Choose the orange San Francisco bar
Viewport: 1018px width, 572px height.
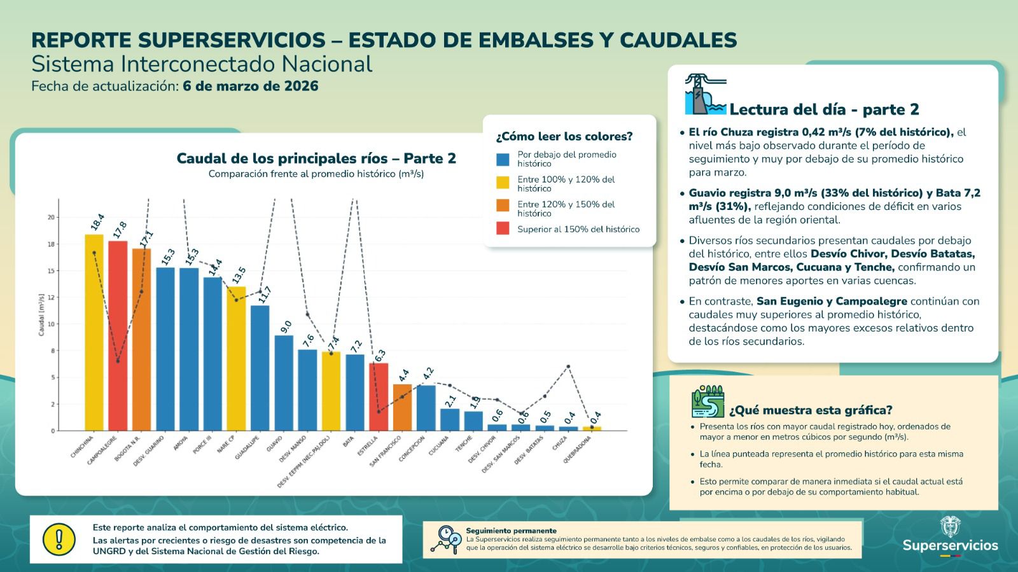click(402, 407)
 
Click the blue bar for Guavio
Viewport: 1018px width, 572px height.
click(284, 382)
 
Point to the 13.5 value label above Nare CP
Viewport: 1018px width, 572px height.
click(239, 276)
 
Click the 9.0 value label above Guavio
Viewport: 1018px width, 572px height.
click(286, 326)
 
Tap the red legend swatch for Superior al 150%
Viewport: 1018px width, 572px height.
click(503, 229)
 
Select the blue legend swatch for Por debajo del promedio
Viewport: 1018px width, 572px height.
click(503, 159)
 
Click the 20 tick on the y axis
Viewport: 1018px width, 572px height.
click(51, 218)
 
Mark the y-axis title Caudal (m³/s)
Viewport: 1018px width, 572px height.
click(42, 314)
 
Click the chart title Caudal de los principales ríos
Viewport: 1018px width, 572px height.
click(316, 158)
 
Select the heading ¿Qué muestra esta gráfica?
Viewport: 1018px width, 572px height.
click(811, 410)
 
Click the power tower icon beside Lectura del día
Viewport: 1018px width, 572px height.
click(704, 95)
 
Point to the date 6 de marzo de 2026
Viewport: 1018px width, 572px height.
click(251, 86)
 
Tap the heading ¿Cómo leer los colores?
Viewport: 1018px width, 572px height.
click(564, 136)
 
